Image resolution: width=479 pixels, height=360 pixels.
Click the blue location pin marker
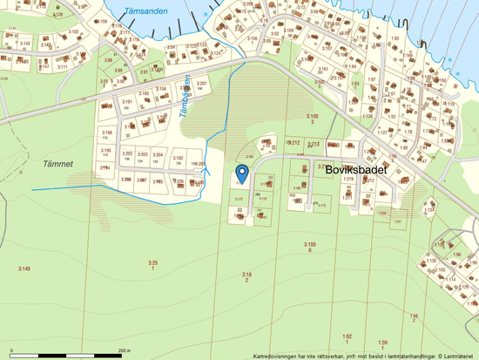click(x=243, y=173)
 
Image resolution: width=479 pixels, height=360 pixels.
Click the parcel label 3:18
click(x=246, y=275)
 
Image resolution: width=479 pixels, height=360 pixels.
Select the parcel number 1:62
click(x=346, y=336)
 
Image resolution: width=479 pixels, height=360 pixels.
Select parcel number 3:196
click(x=105, y=131)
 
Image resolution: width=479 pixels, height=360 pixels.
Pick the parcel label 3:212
click(x=293, y=142)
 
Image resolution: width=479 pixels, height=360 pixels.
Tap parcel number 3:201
click(x=201, y=83)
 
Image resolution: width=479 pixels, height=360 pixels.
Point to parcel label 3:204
click(x=159, y=153)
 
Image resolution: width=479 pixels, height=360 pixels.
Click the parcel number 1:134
click(x=428, y=210)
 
